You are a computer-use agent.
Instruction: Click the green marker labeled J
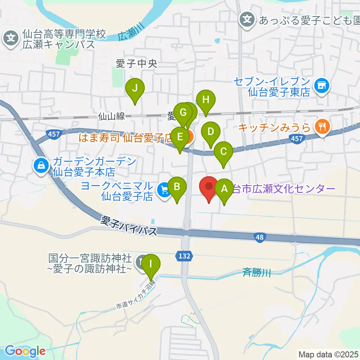click(x=136, y=89)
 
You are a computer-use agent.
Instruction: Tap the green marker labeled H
click(x=205, y=100)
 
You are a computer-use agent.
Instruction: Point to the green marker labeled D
click(x=211, y=132)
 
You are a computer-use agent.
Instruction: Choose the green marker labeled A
click(x=225, y=189)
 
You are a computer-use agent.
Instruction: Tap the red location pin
click(x=208, y=186)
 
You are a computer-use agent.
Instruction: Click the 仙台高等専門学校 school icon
click(x=11, y=38)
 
